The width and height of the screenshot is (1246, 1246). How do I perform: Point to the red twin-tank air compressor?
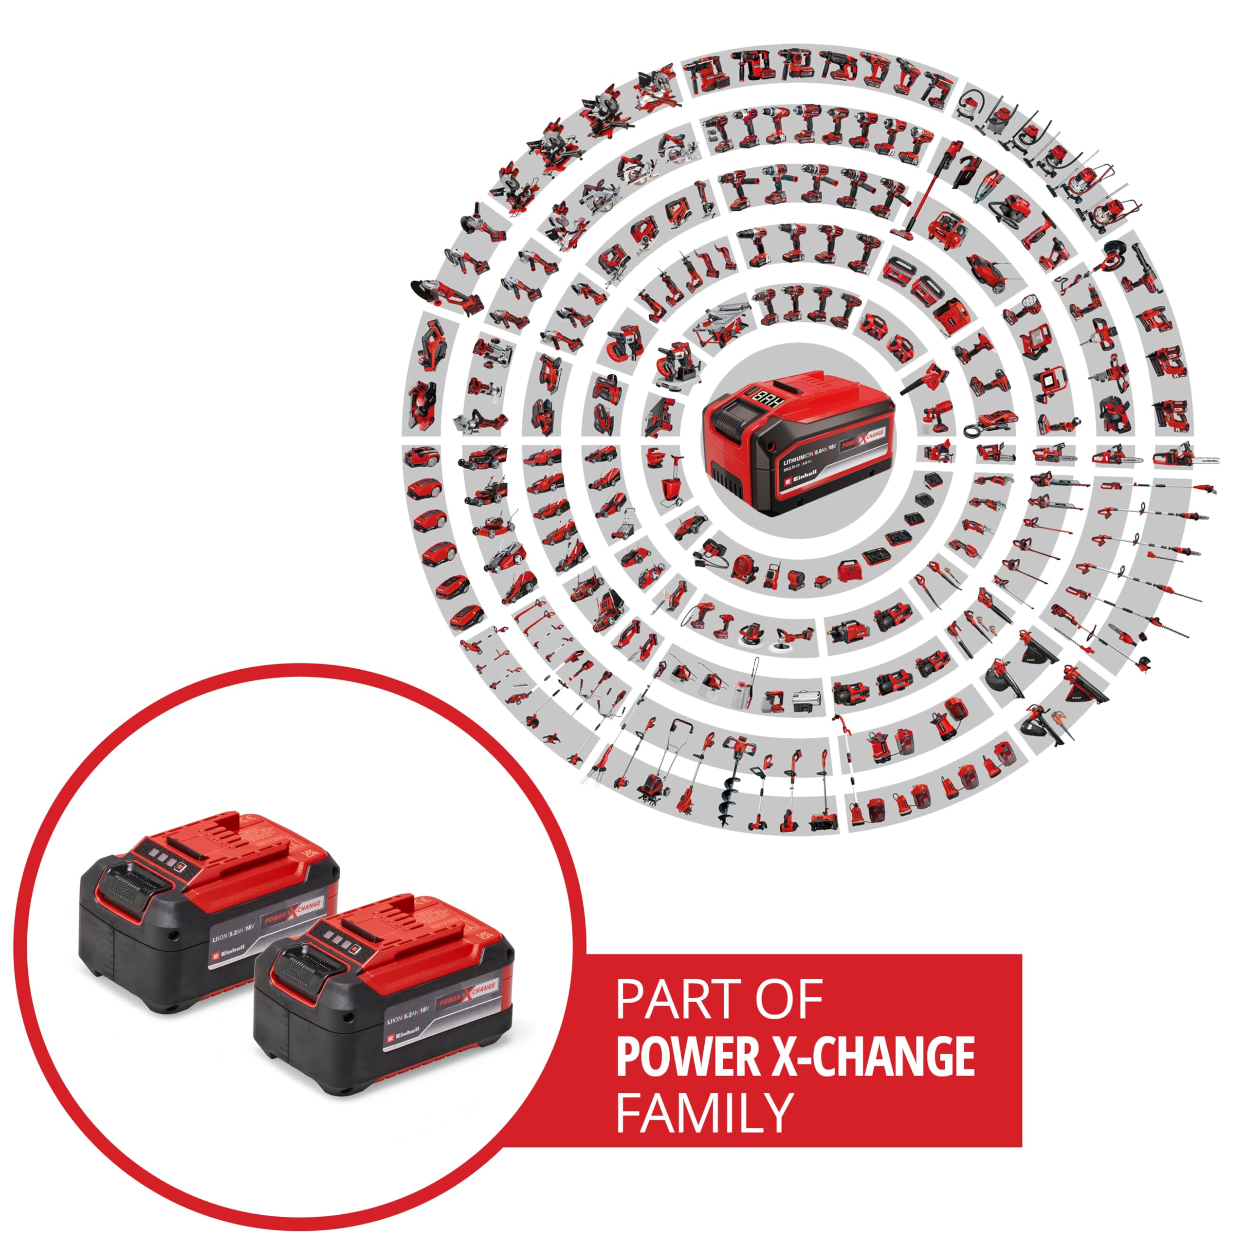point(946,229)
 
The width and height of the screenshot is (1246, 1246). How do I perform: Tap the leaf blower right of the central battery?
point(923,379)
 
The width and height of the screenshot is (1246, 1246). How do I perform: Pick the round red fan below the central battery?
point(742,569)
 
